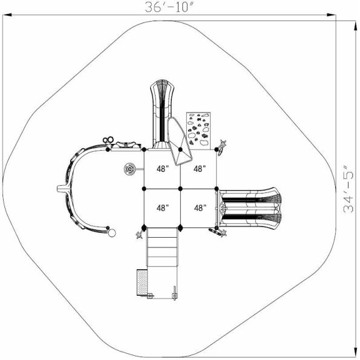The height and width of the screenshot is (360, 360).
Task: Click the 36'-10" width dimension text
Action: (169, 7)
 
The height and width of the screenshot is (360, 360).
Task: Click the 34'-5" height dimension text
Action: (349, 189)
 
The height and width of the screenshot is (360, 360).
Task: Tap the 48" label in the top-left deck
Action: (163, 169)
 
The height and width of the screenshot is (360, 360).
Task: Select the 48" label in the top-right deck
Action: (199, 169)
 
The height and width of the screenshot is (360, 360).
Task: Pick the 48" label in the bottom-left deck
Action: (163, 208)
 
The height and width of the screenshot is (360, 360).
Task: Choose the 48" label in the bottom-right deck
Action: (200, 208)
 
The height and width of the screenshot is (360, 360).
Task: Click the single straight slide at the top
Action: (162, 114)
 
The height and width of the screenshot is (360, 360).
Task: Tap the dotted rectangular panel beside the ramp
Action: (142, 283)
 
